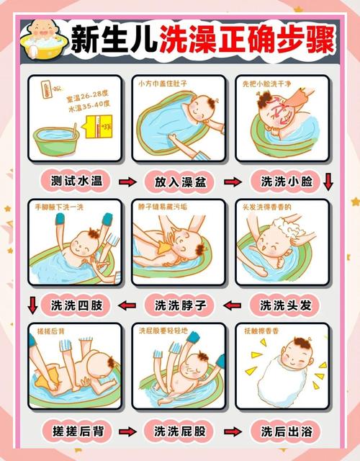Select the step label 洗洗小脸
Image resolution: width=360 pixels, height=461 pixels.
286,181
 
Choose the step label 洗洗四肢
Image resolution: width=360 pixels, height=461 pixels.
76,305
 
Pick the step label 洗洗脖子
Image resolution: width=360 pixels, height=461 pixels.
181,305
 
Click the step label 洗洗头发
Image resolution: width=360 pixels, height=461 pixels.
286,305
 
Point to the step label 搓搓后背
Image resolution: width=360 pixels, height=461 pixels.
76,431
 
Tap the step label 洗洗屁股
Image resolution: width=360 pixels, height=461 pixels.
181,431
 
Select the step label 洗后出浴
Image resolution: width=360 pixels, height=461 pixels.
286,431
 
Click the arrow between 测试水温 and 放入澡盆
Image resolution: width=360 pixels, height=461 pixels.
128,182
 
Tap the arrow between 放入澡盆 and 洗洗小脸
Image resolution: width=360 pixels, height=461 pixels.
234,182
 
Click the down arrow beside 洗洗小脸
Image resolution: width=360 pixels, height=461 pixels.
329,180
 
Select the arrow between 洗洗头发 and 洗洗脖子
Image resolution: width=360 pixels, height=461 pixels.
233,305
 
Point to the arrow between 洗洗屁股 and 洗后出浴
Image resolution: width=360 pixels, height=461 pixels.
233,431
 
